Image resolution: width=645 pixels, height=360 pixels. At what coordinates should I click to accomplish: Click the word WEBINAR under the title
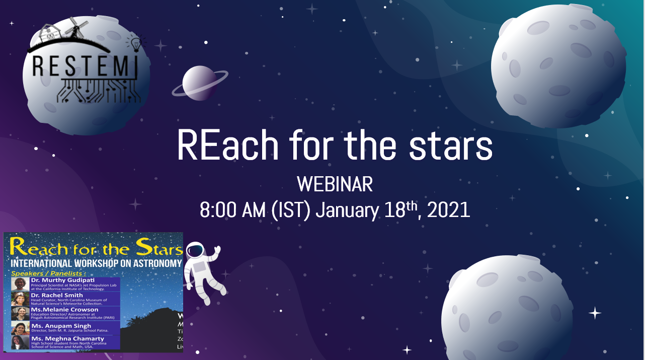[x=335, y=185]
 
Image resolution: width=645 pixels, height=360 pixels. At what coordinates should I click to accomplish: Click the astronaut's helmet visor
[x=195, y=251]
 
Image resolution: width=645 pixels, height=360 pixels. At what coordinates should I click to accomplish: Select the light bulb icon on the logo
[x=135, y=43]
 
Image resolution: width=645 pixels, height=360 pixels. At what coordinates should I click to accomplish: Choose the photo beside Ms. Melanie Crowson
[x=20, y=313]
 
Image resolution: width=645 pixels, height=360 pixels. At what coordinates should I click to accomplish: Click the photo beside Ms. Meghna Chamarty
[x=20, y=342]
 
